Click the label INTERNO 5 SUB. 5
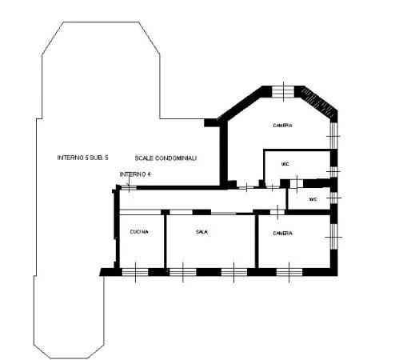click(x=83, y=158)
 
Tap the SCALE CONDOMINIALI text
click(x=166, y=158)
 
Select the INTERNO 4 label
click(x=135, y=174)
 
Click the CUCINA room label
click(x=139, y=232)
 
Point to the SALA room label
click(x=201, y=232)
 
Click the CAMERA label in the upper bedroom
click(x=283, y=126)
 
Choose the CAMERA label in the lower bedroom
click(x=283, y=234)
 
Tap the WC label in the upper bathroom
click(x=285, y=164)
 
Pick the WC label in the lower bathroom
click(x=313, y=199)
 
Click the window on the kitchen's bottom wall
click(x=135, y=272)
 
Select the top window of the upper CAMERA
click(x=283, y=92)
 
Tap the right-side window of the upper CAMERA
click(x=333, y=135)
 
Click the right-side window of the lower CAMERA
click(x=333, y=237)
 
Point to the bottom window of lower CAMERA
click(x=289, y=272)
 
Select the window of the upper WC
click(x=333, y=172)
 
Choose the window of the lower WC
click(x=333, y=198)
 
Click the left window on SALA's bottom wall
click(x=183, y=272)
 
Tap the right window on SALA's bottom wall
click(x=234, y=272)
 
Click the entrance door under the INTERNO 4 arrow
click(x=129, y=188)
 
